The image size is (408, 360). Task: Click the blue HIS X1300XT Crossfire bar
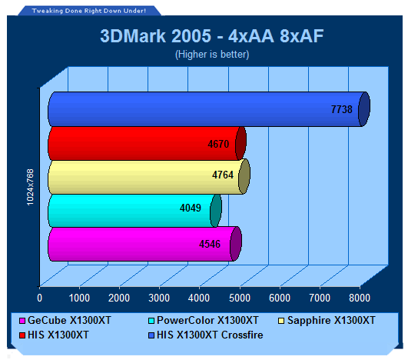(x=209, y=109)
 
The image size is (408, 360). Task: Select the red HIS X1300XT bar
(x=147, y=144)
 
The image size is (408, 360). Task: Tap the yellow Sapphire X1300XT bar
(x=149, y=177)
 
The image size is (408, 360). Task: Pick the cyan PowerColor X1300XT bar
(x=134, y=211)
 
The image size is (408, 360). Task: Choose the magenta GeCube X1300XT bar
(x=145, y=244)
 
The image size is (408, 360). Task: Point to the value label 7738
(x=342, y=109)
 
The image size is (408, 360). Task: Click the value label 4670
(x=218, y=144)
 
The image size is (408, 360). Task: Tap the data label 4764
(x=223, y=175)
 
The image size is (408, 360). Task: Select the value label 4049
(x=191, y=208)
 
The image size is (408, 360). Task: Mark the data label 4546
(x=210, y=244)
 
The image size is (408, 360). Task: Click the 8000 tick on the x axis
(x=360, y=298)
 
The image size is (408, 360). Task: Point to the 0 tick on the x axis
(x=39, y=298)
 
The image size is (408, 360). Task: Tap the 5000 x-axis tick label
(x=240, y=298)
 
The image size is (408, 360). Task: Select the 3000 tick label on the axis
(x=159, y=298)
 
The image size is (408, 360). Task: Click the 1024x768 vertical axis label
(x=31, y=187)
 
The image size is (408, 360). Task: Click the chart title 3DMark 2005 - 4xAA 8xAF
(x=212, y=36)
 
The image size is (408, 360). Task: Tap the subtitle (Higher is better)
(x=212, y=55)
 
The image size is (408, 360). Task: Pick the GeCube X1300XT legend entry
(x=65, y=321)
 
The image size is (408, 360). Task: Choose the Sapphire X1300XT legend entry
(x=327, y=321)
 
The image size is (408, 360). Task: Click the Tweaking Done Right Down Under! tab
(x=89, y=11)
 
